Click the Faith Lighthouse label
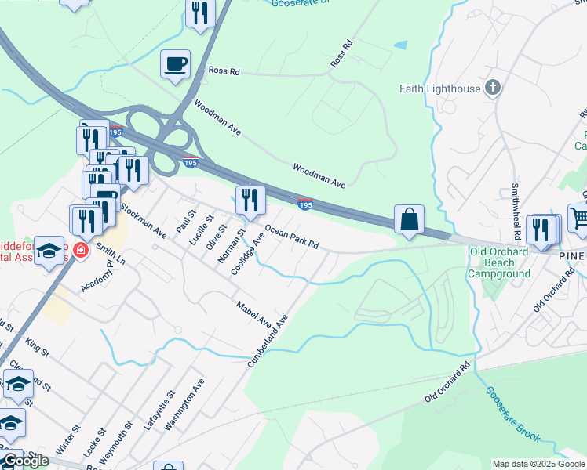point(439,89)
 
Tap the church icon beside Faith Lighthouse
point(493,88)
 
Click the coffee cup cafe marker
point(176,64)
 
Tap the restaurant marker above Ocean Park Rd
point(250,201)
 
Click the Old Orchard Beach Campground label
point(499,262)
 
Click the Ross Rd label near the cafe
point(224,70)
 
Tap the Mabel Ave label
point(253,313)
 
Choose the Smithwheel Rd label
point(516,211)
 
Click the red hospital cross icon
point(78,251)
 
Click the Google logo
point(25,461)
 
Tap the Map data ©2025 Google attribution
point(538,464)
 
